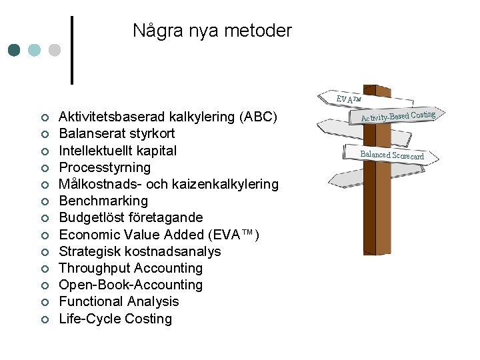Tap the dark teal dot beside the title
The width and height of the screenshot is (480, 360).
point(15,50)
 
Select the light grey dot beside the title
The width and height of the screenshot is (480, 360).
point(55,50)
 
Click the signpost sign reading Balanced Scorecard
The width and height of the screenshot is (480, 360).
point(391,155)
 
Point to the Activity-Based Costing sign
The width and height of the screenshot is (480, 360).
point(398,116)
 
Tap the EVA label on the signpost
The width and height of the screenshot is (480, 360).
point(348,99)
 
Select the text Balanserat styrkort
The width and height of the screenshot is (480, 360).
point(117,133)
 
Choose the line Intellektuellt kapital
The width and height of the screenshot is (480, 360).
point(118,150)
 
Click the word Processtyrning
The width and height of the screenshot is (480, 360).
point(105,167)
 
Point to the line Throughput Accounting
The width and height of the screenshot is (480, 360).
point(131,268)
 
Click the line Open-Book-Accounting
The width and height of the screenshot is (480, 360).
point(131,285)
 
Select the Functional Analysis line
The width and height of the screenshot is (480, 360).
point(119,301)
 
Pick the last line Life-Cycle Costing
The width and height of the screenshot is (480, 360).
point(115,319)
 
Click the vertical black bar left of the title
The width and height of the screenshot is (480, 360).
point(72,50)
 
